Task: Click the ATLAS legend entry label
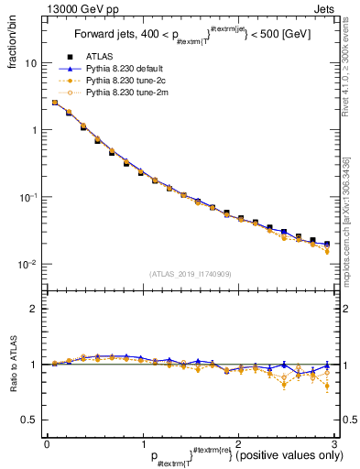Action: [x=98, y=57]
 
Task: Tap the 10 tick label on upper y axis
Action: [x=30, y=64]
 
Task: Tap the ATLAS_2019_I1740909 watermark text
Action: [x=191, y=274]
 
